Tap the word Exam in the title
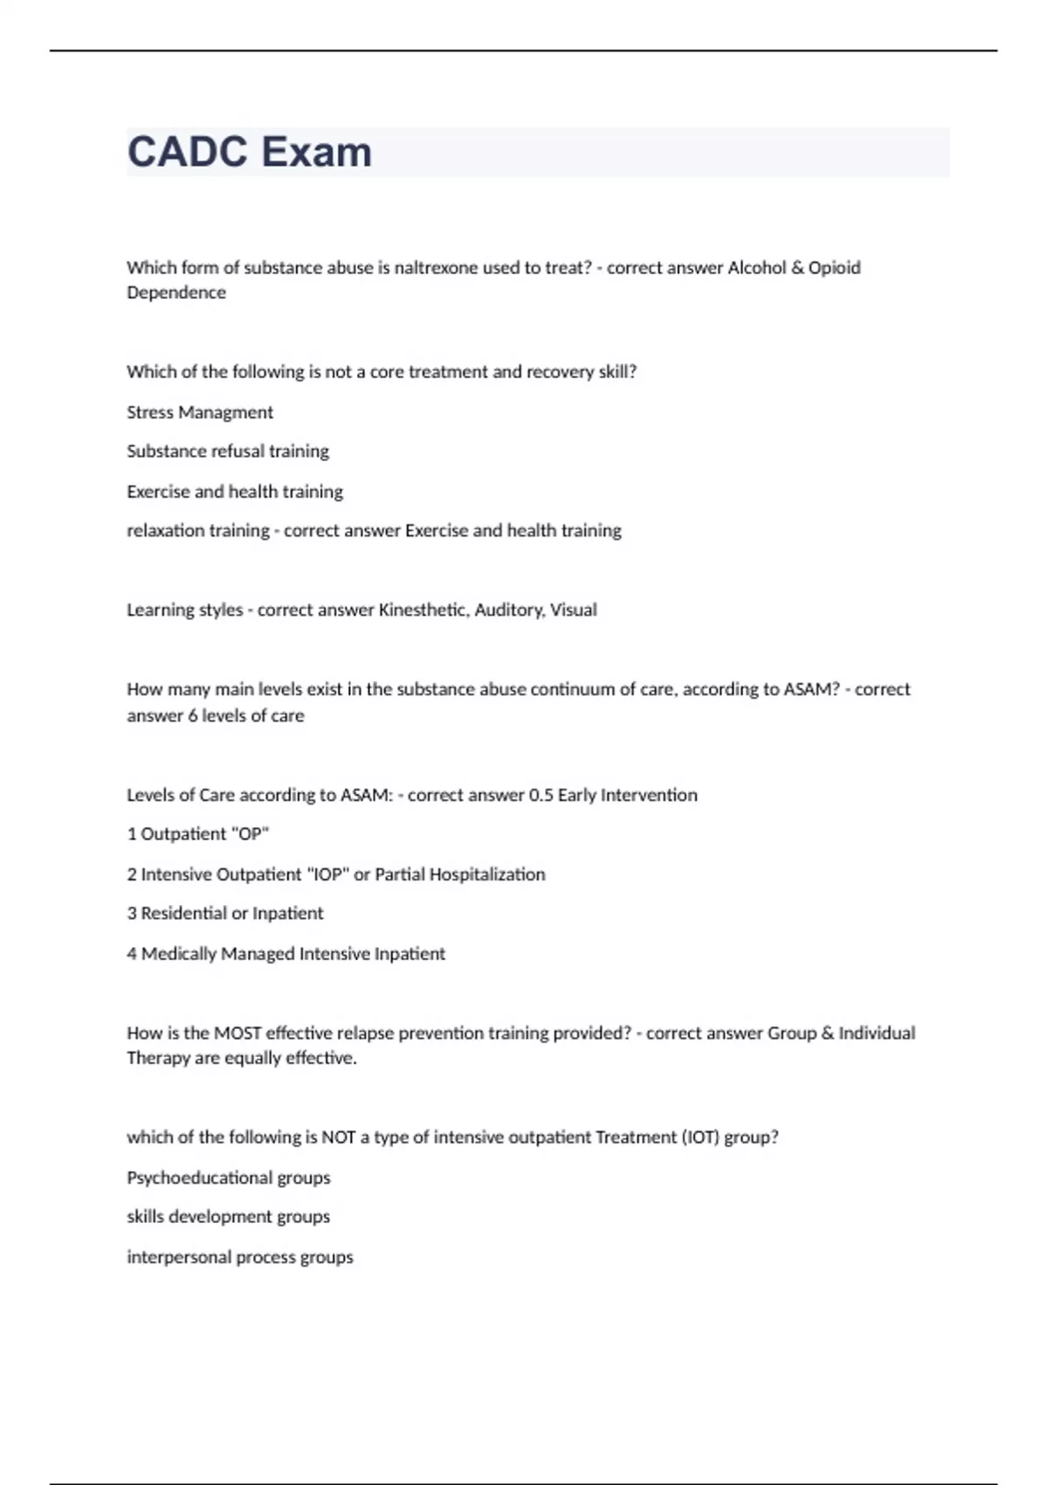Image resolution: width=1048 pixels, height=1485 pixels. (316, 152)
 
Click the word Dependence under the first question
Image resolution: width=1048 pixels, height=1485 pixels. (176, 293)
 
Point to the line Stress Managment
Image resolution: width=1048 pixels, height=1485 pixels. (200, 412)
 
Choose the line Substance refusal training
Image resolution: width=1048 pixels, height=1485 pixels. (228, 452)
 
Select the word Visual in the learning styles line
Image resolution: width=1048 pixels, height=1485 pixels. (573, 610)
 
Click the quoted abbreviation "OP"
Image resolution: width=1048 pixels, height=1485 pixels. (249, 834)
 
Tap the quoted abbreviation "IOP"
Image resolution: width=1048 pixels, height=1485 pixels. (327, 874)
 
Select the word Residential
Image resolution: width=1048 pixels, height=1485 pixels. (183, 914)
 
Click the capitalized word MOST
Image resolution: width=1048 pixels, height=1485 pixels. (238, 1033)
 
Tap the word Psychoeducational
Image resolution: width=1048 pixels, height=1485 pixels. (199, 1178)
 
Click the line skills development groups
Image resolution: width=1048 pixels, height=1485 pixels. (228, 1217)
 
